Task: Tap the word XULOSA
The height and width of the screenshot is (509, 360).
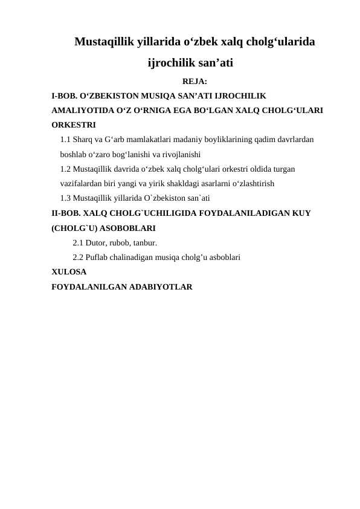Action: pyautogui.click(x=69, y=272)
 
